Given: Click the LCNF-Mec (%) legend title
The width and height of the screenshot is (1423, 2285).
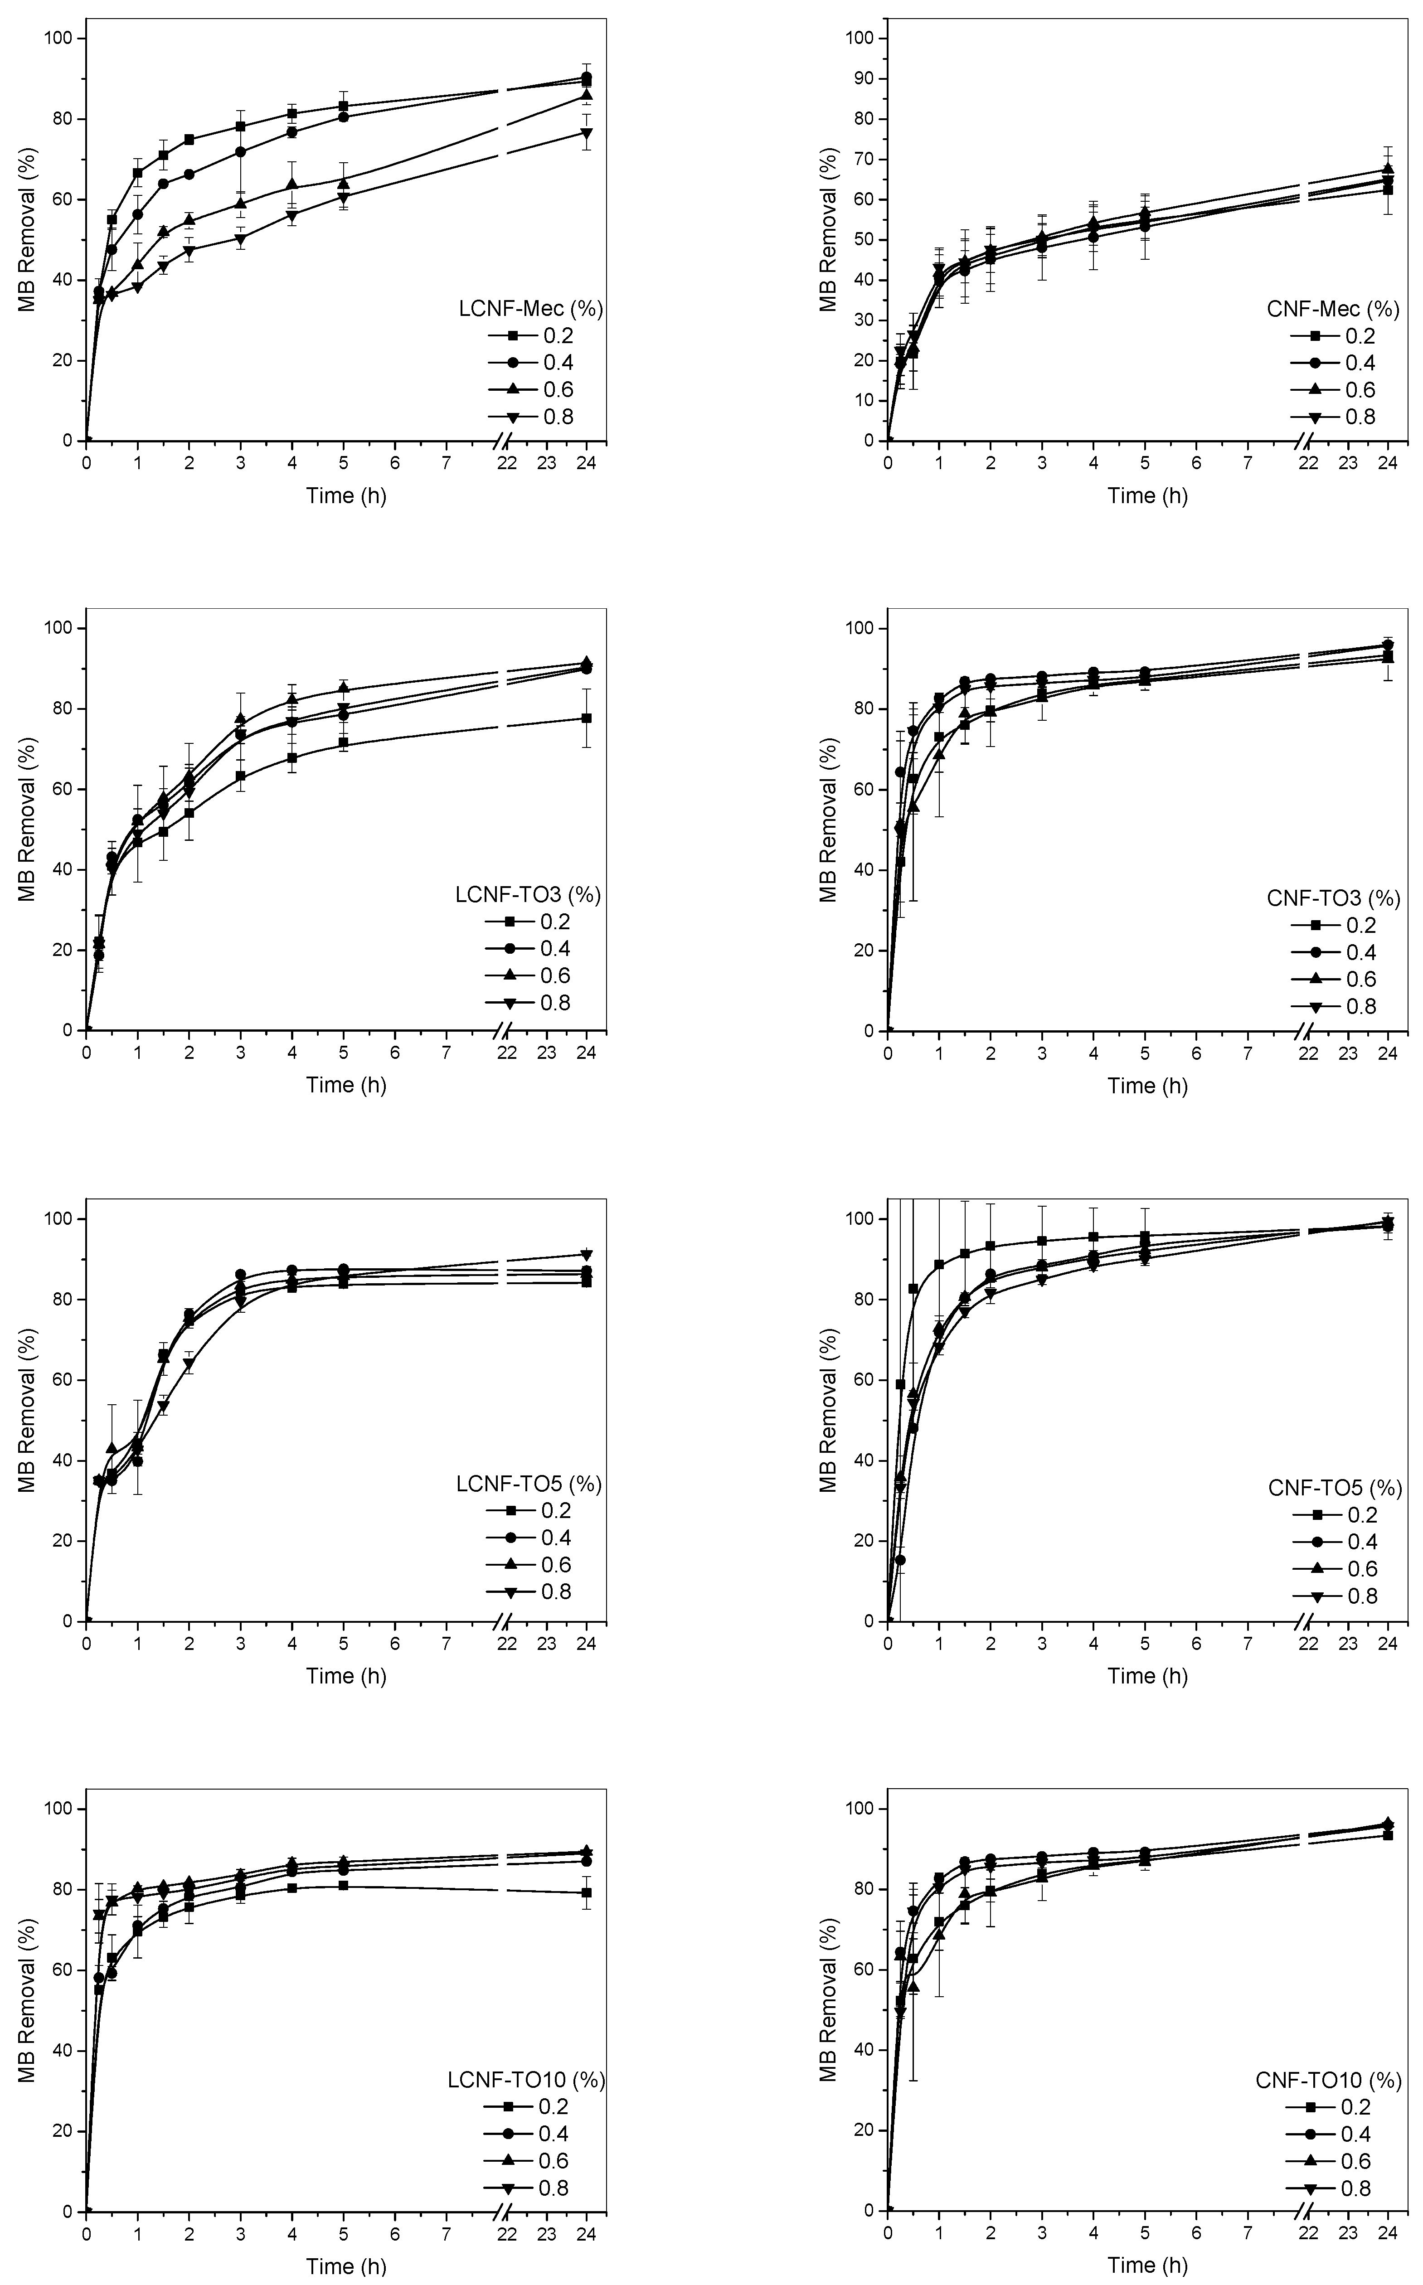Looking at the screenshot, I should (530, 309).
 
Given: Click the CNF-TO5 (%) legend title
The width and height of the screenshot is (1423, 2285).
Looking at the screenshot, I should (1335, 1488).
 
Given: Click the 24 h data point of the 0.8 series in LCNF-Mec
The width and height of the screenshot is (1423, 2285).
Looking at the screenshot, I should (586, 133).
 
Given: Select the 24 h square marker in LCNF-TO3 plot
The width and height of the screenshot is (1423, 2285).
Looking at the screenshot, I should (586, 718).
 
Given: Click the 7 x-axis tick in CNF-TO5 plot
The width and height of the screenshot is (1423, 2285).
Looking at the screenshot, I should (1247, 1643).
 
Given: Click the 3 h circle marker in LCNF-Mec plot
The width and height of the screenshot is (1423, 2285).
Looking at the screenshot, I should (241, 151).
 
